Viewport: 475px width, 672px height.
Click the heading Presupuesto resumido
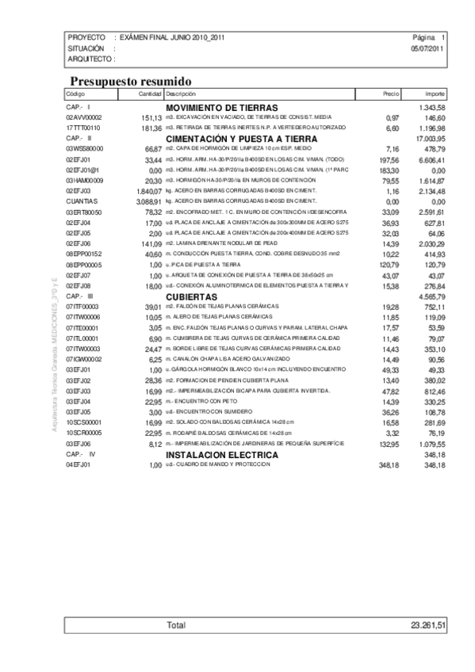coord(130,81)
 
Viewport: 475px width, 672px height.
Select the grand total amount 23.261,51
coord(428,625)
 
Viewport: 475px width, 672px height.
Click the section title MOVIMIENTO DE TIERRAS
coord(222,107)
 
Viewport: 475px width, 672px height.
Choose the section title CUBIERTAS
coord(191,296)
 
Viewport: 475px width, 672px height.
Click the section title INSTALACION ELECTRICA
coord(222,456)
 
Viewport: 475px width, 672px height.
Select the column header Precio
coord(390,94)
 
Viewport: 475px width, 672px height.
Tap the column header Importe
coord(435,94)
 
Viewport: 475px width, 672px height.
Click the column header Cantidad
coord(151,94)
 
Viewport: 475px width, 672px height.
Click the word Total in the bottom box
coord(176,625)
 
